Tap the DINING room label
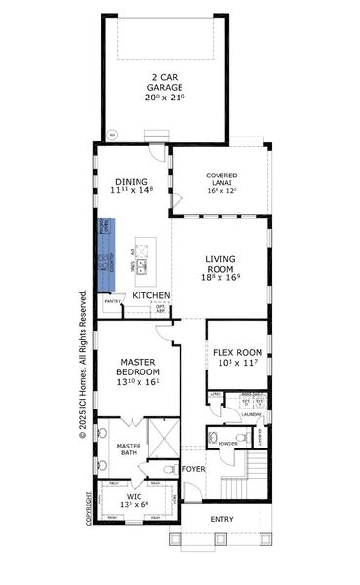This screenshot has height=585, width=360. [132, 180]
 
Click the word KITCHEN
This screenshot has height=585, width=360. [151, 295]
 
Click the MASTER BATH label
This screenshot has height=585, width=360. [130, 449]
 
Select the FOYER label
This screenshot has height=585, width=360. [194, 469]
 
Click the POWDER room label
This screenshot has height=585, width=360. [227, 444]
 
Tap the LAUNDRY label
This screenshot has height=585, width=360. [253, 413]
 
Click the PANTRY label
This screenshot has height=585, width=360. [113, 303]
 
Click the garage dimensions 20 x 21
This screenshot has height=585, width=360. [165, 97]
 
